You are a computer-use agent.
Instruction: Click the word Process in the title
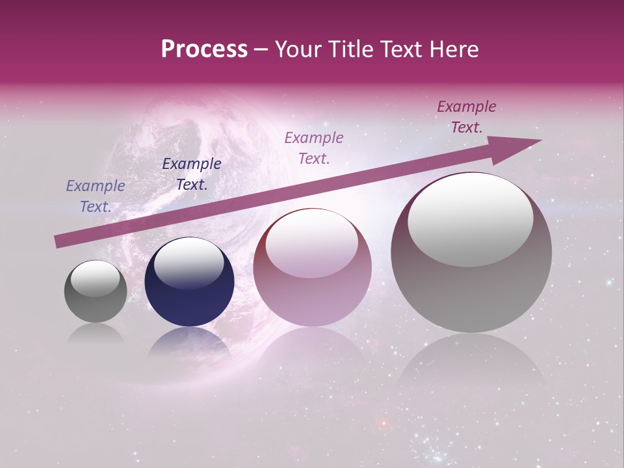(204, 49)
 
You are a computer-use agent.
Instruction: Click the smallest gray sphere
(96, 291)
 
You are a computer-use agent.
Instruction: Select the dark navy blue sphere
(189, 282)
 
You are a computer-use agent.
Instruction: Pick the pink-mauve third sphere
(312, 267)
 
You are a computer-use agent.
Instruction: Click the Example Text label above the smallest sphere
(95, 196)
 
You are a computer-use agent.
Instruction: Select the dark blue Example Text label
(192, 174)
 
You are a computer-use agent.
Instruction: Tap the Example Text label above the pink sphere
(314, 148)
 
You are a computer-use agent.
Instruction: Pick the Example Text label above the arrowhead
(466, 117)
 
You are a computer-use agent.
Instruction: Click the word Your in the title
(299, 49)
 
